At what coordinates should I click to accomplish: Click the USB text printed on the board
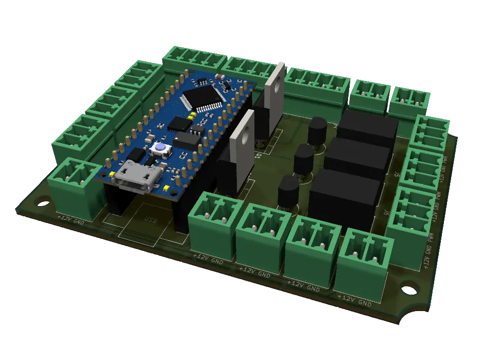pos(150,220)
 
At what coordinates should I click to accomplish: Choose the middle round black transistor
pos(304,160)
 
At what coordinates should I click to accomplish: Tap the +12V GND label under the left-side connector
pos(71,219)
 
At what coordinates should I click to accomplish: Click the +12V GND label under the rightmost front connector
pos(354,300)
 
